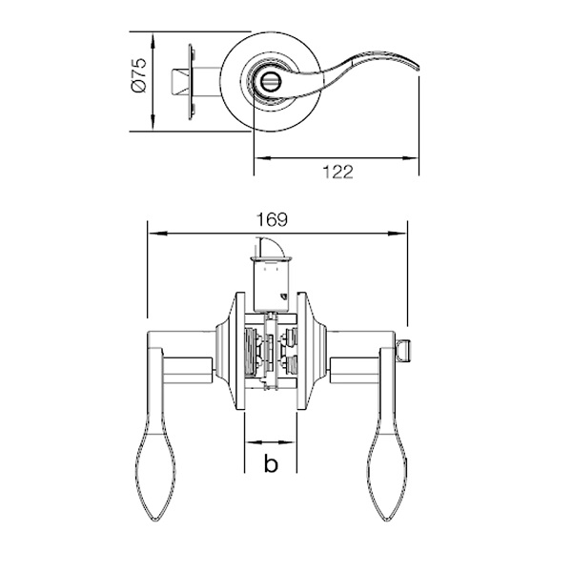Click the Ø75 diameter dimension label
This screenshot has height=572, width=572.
pos(140,75)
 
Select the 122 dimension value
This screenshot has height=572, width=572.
pos(337,173)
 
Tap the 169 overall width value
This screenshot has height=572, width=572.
pos(272,219)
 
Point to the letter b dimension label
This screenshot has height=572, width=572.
pos(271,463)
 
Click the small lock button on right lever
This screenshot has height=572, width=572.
pos(403,349)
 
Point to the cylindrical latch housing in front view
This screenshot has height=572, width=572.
pos(272,285)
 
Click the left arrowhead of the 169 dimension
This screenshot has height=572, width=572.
pos(158,234)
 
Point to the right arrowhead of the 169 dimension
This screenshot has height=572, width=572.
pos(397,234)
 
